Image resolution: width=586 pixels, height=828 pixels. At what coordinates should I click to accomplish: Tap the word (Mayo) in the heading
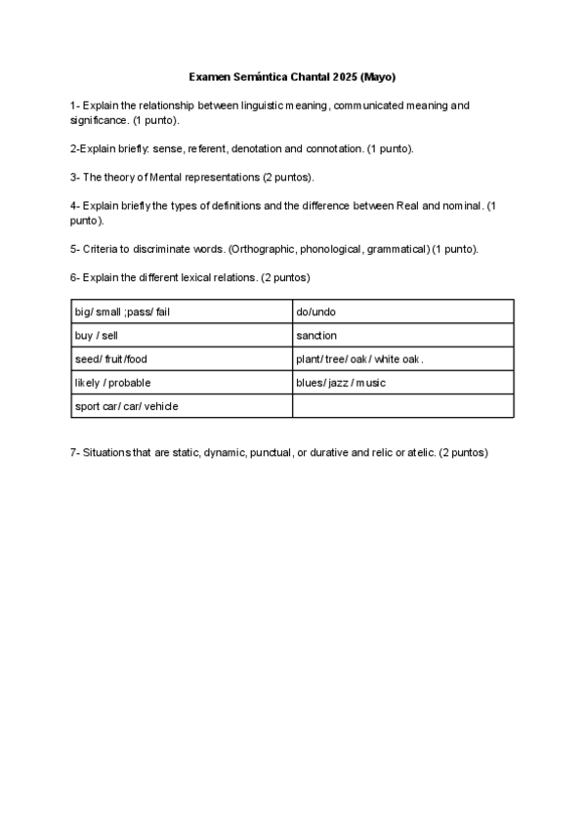[x=379, y=76]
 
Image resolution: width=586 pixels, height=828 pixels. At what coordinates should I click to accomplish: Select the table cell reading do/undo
[x=402, y=312]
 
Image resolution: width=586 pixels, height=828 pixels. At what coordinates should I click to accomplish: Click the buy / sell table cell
[x=182, y=336]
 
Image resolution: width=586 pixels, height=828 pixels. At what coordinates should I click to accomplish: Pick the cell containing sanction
[x=402, y=336]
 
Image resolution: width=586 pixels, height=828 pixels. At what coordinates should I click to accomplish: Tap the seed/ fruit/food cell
[x=182, y=359]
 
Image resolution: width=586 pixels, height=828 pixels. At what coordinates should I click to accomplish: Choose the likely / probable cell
[x=182, y=383]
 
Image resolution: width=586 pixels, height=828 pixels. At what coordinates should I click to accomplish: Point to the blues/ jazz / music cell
[x=402, y=383]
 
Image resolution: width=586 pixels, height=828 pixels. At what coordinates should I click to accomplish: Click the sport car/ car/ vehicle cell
[x=182, y=406]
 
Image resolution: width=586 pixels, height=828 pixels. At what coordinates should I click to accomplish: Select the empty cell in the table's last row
[x=402, y=406]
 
